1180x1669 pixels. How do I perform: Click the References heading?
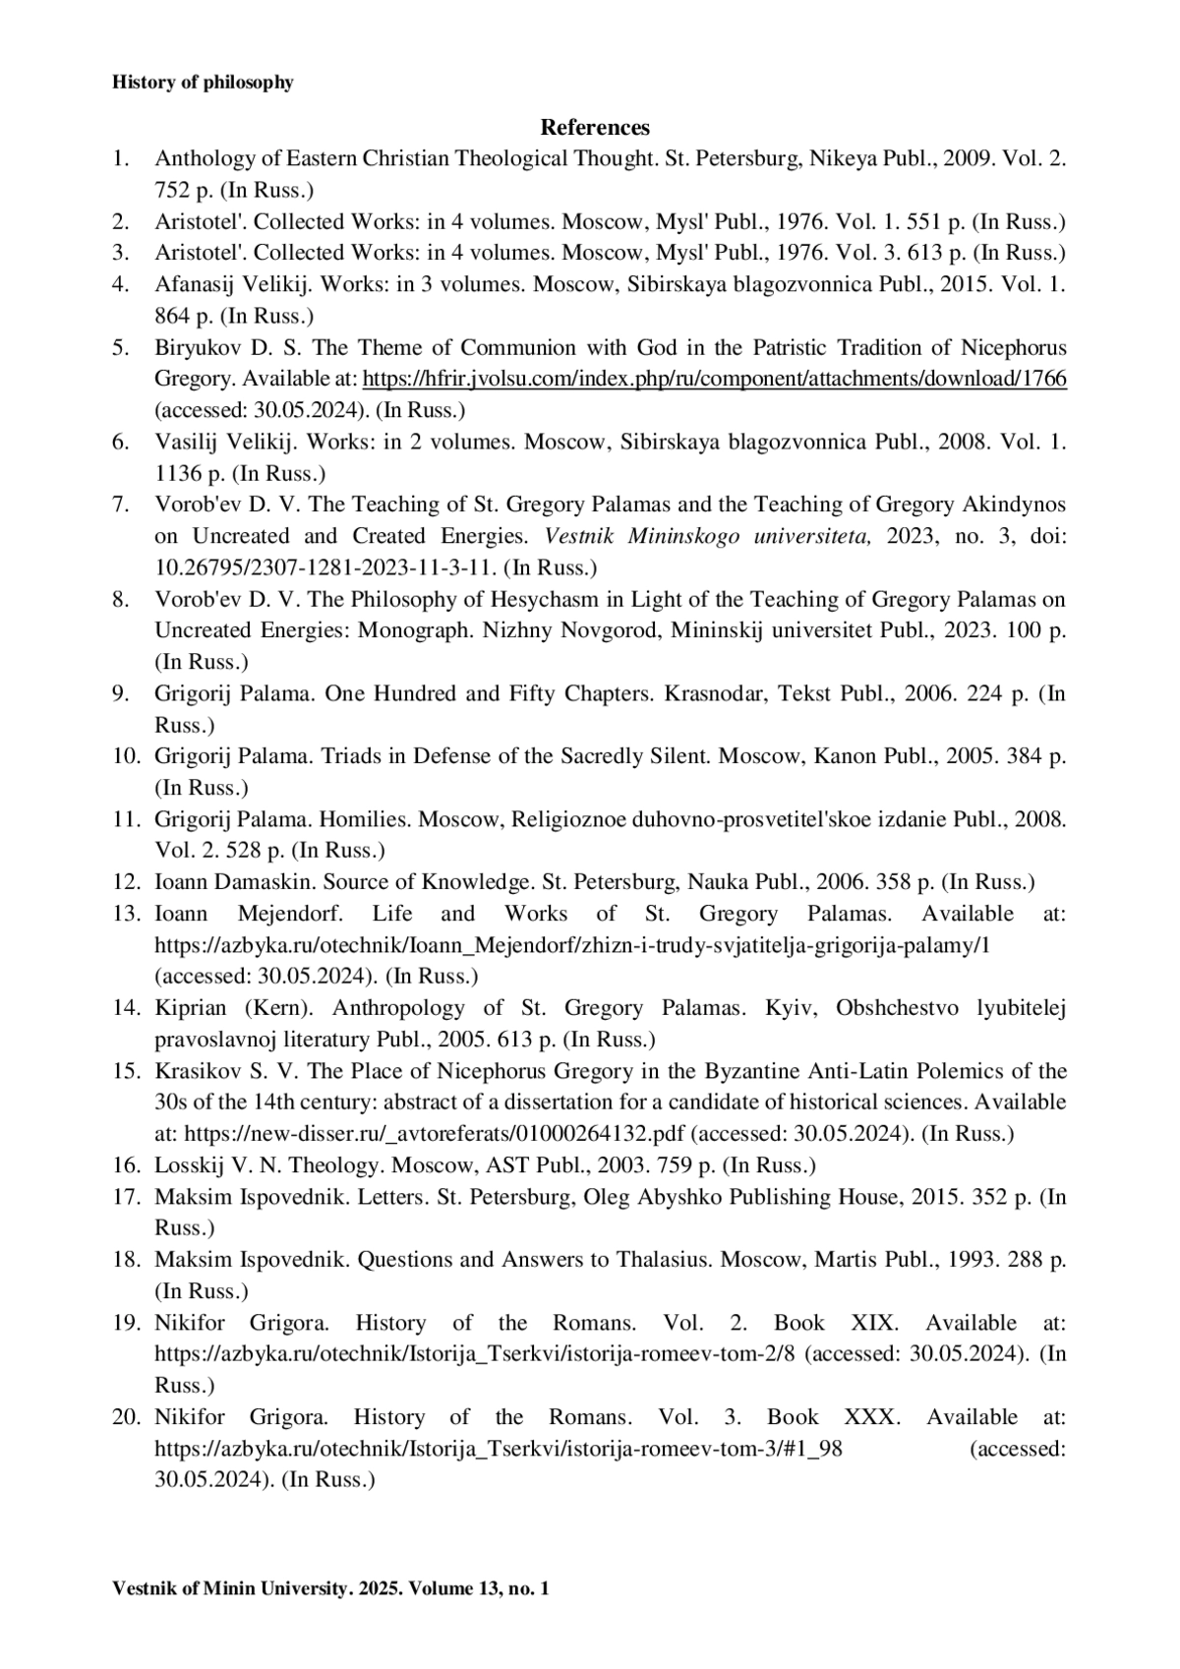[x=595, y=127]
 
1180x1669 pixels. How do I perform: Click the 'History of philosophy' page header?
[x=203, y=83]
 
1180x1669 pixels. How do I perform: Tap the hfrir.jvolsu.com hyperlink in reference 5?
[x=715, y=379]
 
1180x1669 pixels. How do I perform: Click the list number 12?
[x=125, y=882]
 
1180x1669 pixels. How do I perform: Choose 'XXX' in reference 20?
[x=870, y=1417]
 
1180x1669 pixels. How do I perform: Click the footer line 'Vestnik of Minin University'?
[x=330, y=1588]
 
